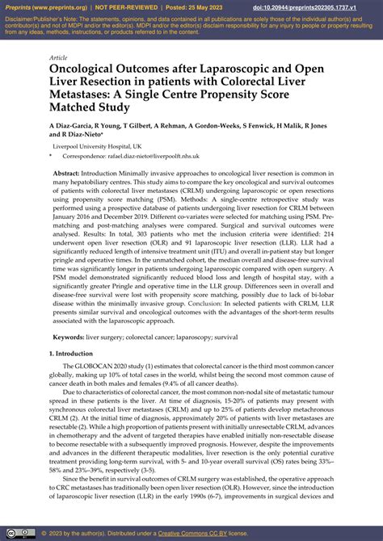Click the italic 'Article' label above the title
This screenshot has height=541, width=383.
(58, 58)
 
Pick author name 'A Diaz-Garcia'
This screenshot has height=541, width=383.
(74, 126)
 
